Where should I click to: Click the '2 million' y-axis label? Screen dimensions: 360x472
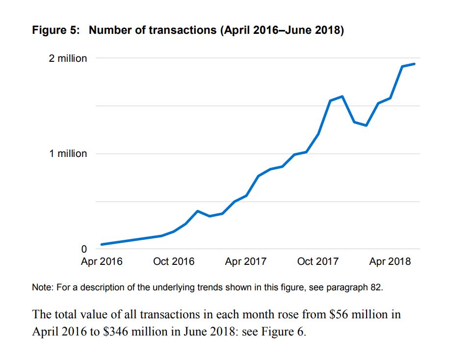68,58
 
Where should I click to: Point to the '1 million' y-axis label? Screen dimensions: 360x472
68,154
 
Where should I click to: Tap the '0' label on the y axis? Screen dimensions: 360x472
83,249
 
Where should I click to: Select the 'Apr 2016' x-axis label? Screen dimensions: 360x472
102,261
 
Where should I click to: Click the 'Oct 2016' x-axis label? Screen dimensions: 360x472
174,261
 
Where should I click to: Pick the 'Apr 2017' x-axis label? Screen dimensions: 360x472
245,261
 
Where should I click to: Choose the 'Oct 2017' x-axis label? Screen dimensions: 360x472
318,261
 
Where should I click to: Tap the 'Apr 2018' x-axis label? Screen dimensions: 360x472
390,261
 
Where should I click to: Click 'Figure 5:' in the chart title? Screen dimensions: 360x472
55,30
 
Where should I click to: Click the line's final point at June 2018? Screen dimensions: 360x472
415,64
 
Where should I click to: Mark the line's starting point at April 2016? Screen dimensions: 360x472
102,244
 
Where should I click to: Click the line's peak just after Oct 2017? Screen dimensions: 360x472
342,96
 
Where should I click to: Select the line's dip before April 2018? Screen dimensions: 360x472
366,126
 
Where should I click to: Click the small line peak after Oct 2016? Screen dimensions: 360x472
197,211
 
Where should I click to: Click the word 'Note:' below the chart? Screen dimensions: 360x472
43,287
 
